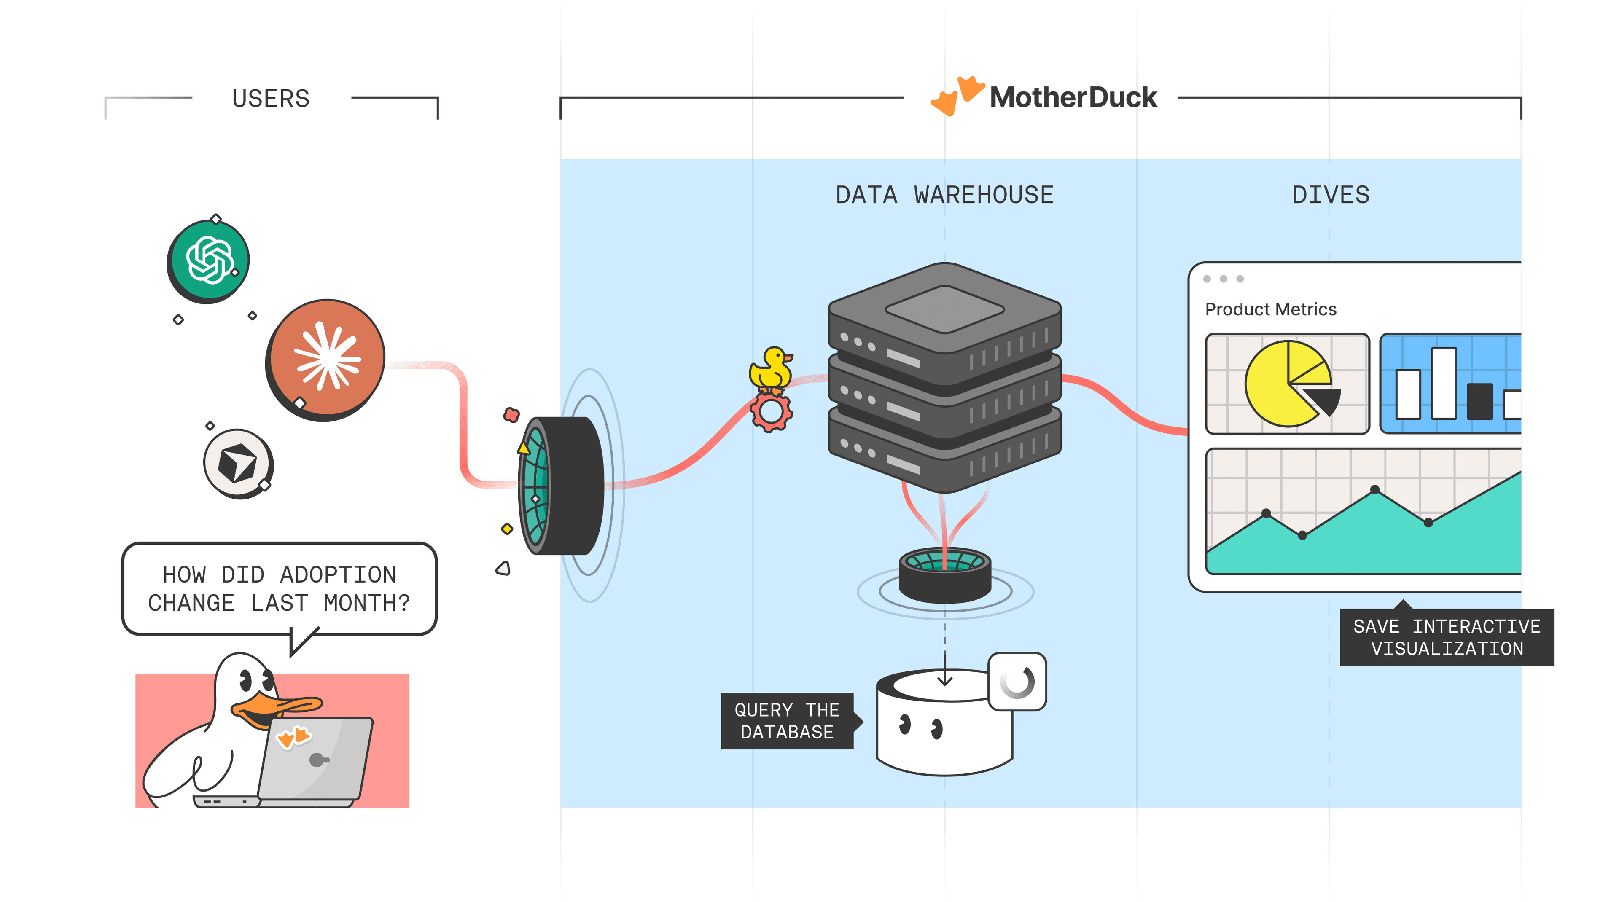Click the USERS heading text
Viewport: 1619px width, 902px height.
tap(271, 99)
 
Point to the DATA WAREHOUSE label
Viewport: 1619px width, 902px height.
tap(944, 195)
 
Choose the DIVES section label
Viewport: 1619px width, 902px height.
tap(1331, 195)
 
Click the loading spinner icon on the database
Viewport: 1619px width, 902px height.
tap(1017, 682)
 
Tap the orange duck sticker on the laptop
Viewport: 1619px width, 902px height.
tap(293, 737)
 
